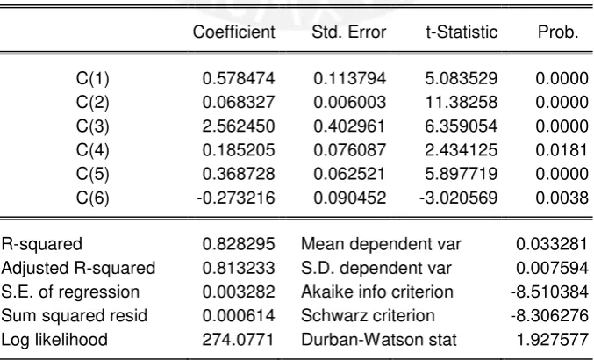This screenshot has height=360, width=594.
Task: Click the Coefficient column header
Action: point(233,32)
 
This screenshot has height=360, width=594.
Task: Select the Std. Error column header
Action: point(349,32)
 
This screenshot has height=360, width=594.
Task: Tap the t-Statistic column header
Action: point(462,32)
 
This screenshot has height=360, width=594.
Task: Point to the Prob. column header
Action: point(558,32)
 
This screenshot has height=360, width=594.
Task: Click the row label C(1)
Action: point(93,79)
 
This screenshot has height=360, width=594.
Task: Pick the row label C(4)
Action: point(93,150)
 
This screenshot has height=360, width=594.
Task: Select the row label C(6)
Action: point(93,198)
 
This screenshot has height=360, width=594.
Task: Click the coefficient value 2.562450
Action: point(239,126)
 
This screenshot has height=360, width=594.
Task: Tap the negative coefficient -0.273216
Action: point(236,198)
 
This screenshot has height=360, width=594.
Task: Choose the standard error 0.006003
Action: point(350,103)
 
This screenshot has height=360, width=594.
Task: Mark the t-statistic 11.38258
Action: point(462,103)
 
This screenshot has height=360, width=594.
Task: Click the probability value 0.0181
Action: point(562,150)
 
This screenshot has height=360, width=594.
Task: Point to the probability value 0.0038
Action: point(562,198)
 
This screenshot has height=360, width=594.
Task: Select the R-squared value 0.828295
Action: point(239,244)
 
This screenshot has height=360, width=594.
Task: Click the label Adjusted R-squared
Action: point(78,269)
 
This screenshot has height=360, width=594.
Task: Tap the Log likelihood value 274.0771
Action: point(238,340)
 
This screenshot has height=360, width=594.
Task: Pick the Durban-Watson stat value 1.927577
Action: point(553,340)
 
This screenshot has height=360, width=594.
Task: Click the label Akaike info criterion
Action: point(377,292)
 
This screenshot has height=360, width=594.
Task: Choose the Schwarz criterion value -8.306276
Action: point(549,316)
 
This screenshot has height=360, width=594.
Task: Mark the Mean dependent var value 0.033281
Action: point(552,244)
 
